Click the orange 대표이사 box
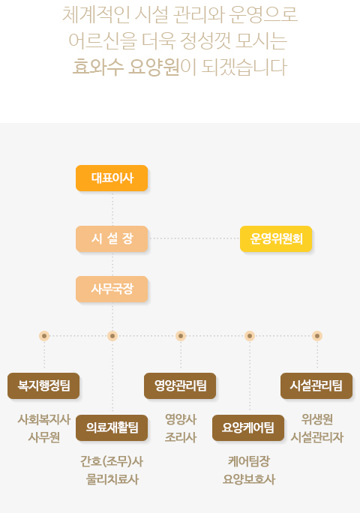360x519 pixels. click(112, 178)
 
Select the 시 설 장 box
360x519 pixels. click(112, 238)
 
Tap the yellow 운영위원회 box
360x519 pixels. click(276, 238)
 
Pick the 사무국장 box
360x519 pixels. click(112, 289)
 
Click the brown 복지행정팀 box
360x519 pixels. click(43, 385)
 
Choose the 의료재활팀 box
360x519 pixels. click(112, 427)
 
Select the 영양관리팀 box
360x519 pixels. click(180, 385)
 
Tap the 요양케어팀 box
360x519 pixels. click(248, 427)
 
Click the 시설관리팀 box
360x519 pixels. click(316, 385)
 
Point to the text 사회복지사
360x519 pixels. click(44, 419)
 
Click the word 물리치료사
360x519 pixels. click(112, 479)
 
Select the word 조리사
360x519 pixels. click(181, 437)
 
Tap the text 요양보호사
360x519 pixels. click(249, 479)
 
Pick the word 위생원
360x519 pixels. click(317, 419)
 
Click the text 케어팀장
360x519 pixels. click(249, 461)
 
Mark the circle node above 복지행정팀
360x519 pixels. click(44, 336)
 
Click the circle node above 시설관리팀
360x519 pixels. click(317, 336)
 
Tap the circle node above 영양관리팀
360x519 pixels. click(180, 336)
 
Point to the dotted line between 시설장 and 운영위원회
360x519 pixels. click(194, 238)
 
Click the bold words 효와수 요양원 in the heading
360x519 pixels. click(126, 67)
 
